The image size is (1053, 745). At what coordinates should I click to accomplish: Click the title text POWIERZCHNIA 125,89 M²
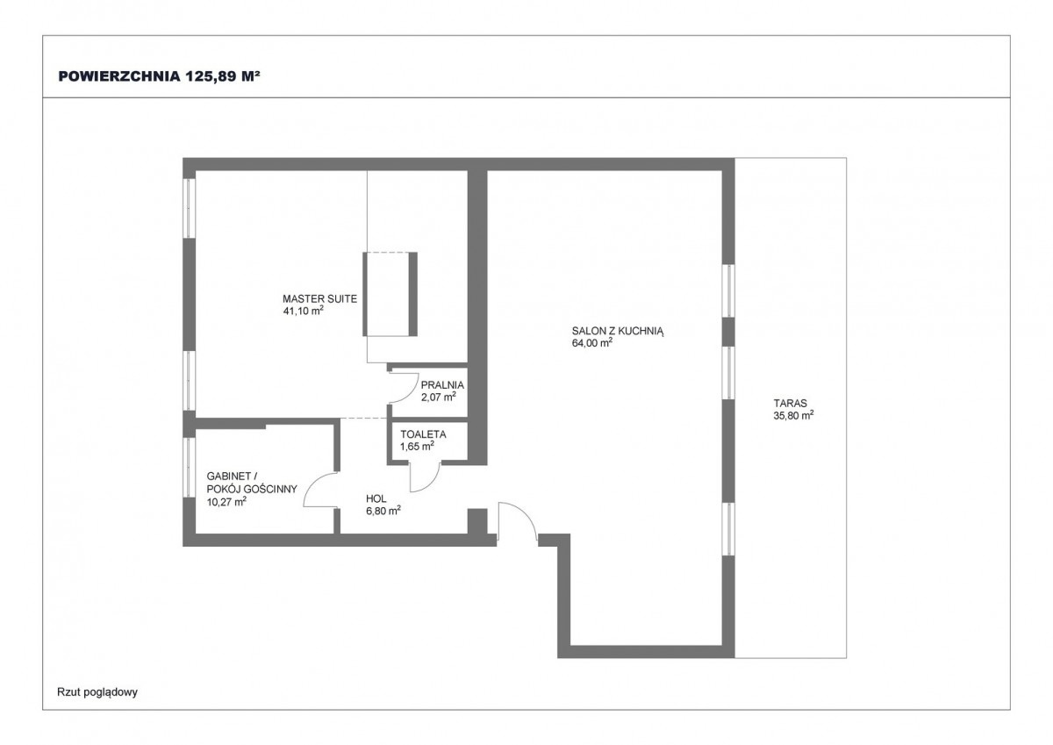coord(159,76)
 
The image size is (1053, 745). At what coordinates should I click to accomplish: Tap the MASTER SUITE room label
coord(319,298)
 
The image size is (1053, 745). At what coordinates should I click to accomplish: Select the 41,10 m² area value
coord(304,311)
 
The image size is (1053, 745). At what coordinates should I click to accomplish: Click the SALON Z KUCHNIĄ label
coord(617,331)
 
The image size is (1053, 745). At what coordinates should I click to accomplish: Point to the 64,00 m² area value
coord(591,343)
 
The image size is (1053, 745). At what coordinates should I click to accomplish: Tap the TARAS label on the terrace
coord(791,403)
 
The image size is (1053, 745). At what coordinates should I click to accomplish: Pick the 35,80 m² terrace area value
coord(794,415)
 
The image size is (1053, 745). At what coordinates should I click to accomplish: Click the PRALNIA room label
coord(442,385)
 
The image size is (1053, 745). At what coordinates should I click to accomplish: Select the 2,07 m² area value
coord(439,397)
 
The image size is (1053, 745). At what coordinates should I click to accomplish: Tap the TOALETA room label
coord(423,434)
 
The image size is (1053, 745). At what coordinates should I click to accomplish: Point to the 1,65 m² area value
coord(417,446)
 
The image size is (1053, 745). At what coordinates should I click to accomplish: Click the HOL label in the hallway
coord(376,498)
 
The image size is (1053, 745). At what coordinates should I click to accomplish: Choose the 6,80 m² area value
coord(383,511)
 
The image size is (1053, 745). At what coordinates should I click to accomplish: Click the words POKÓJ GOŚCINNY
coord(252,490)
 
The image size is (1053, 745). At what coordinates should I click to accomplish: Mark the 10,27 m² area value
coord(226,502)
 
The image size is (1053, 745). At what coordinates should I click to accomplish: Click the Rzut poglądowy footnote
coord(97,691)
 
